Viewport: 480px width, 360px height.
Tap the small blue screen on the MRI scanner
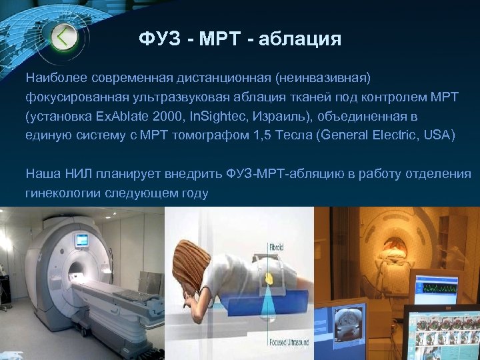pyautogui.click(x=82, y=239)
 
